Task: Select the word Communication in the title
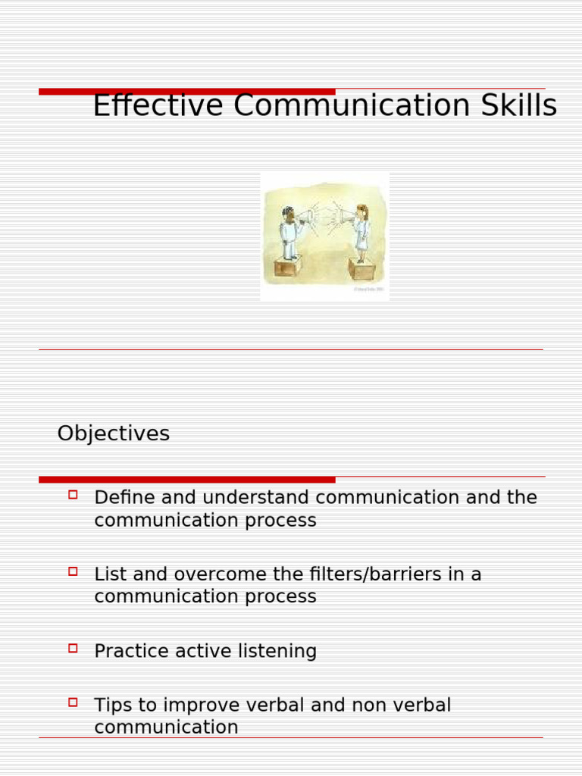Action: tap(351, 105)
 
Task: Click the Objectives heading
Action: tap(114, 433)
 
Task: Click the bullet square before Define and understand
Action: tap(74, 495)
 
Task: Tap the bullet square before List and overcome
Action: tap(74, 571)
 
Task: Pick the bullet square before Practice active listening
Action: tap(74, 648)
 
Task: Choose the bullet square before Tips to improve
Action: tap(74, 702)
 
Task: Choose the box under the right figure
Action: tap(361, 269)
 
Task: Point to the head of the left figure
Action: tap(288, 213)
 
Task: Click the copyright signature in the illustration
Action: tap(369, 289)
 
